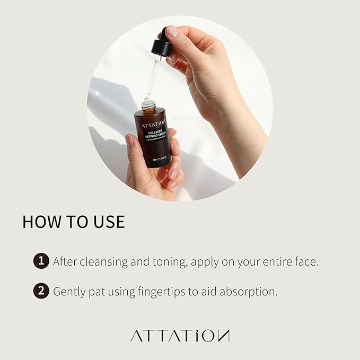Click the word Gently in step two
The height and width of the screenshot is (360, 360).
pyautogui.click(x=70, y=292)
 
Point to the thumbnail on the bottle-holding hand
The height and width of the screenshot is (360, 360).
pyautogui.click(x=129, y=141)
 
